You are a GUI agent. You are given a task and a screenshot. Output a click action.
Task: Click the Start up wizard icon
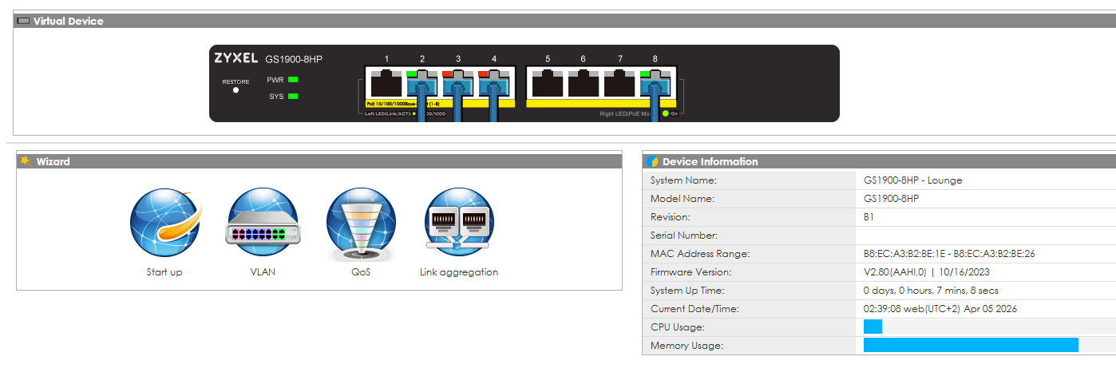point(164,224)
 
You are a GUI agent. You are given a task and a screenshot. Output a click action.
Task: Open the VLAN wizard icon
point(263,224)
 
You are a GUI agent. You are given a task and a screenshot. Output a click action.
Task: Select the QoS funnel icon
point(361,224)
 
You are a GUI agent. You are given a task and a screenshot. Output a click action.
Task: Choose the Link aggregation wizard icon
point(459,224)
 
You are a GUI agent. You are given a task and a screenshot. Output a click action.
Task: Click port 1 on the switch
point(387,83)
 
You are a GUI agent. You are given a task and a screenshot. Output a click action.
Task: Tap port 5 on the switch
point(548,83)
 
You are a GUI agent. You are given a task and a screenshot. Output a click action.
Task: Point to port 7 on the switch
point(619,83)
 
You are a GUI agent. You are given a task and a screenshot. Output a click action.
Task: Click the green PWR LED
point(293,80)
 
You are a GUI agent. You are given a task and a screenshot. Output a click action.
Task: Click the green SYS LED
point(293,97)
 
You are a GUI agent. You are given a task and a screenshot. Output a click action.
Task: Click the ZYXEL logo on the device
point(235,59)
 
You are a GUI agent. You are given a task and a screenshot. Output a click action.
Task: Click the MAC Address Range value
point(949,254)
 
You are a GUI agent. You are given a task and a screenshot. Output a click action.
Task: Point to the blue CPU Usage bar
point(873,327)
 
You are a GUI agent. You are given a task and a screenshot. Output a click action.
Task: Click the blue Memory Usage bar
point(971,345)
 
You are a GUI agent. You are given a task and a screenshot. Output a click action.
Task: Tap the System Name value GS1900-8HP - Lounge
point(912,180)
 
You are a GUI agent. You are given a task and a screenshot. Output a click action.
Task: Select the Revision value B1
point(869,217)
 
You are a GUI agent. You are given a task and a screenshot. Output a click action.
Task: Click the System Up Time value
point(931,291)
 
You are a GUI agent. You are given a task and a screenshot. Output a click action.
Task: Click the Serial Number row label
point(684,236)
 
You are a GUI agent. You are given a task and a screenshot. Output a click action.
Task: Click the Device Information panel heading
point(710,161)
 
